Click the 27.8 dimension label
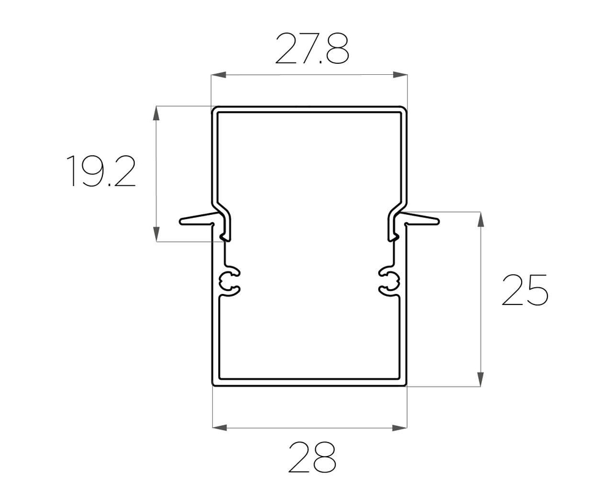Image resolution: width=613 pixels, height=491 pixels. coord(312,48)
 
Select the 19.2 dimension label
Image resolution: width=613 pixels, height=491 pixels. coord(101,171)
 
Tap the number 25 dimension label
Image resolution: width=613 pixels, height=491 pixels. coord(525,290)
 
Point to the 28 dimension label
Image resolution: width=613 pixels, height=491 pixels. coord(312,457)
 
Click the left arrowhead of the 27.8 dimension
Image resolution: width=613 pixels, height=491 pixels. coord(219,75)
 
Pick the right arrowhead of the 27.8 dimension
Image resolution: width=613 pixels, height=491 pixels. coord(400,75)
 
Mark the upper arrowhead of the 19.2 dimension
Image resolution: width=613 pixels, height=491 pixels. coord(156,114)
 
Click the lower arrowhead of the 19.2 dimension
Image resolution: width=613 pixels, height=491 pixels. coord(156,234)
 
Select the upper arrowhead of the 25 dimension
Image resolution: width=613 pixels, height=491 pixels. coord(481,219)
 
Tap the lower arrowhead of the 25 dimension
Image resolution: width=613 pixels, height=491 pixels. coord(481,379)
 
